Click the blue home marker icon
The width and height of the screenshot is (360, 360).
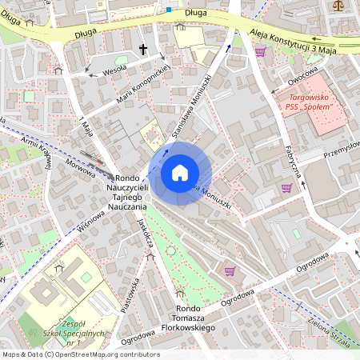point(180,173)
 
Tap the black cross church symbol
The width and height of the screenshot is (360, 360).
point(144,50)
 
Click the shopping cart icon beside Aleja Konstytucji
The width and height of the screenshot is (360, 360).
point(259,51)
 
